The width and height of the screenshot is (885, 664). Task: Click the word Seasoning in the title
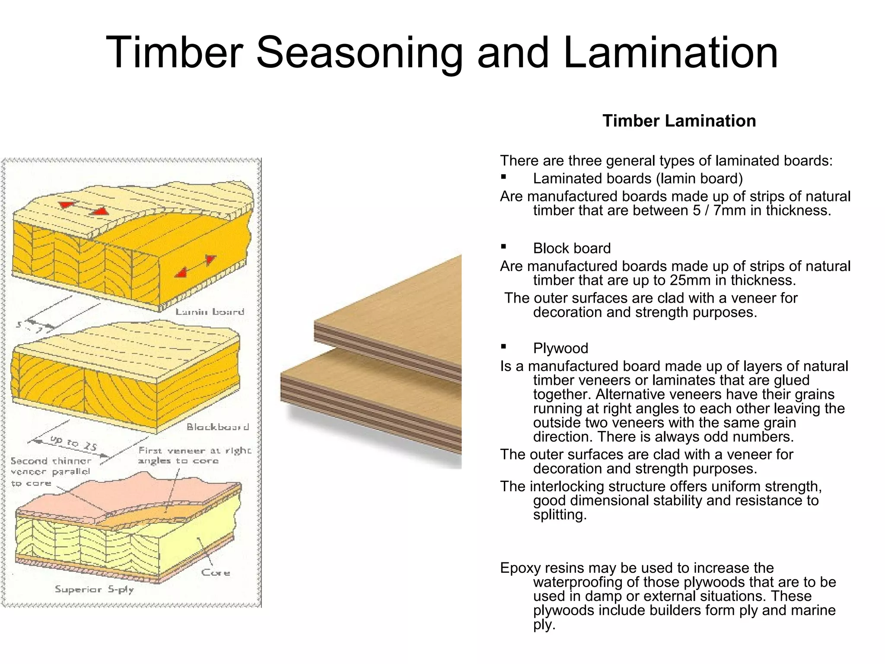pyautogui.click(x=359, y=53)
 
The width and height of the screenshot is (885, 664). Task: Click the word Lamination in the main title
pyautogui.click(x=670, y=53)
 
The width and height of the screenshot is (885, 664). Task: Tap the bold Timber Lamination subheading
pyautogui.click(x=679, y=121)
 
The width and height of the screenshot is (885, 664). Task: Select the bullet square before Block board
pyautogui.click(x=503, y=247)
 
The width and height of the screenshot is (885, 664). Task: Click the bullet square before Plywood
pyautogui.click(x=503, y=347)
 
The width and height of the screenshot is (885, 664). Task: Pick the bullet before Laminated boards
pyautogui.click(x=503, y=177)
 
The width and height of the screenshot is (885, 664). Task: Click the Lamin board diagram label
pyautogui.click(x=210, y=312)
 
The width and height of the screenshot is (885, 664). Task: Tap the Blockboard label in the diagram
pyautogui.click(x=218, y=427)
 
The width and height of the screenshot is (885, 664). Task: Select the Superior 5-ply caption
pyautogui.click(x=95, y=589)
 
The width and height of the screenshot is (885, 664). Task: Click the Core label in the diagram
pyautogui.click(x=216, y=573)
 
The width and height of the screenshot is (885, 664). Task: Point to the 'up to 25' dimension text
pyautogui.click(x=73, y=443)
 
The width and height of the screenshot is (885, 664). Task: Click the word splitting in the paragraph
pyautogui.click(x=559, y=515)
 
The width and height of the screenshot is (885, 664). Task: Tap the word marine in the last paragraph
pyautogui.click(x=813, y=610)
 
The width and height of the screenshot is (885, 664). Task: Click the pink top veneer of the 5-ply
pyautogui.click(x=130, y=497)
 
